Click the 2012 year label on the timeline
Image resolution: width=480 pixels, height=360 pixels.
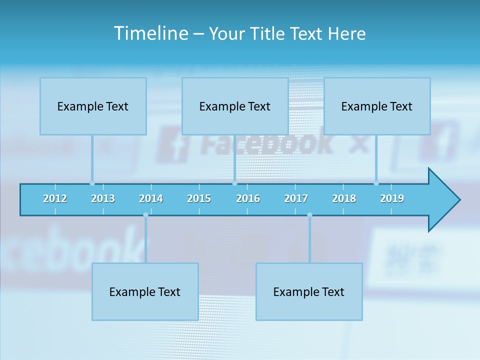pyautogui.click(x=55, y=198)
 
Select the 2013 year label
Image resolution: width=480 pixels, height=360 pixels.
pyautogui.click(x=103, y=198)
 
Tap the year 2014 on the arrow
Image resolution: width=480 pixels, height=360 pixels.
pyautogui.click(x=151, y=198)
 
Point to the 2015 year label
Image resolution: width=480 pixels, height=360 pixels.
pyautogui.click(x=199, y=198)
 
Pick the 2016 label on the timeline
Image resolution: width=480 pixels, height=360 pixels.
pyautogui.click(x=248, y=198)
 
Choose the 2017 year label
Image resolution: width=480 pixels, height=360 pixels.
pyautogui.click(x=296, y=198)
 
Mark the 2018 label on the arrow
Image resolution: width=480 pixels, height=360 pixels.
pyautogui.click(x=344, y=198)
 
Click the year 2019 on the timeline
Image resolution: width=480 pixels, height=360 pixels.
pyautogui.click(x=392, y=198)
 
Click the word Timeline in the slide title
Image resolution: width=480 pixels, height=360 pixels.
pyautogui.click(x=150, y=33)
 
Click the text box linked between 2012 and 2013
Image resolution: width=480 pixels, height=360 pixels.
pyautogui.click(x=93, y=106)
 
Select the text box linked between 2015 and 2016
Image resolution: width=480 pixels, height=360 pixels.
pyautogui.click(x=235, y=106)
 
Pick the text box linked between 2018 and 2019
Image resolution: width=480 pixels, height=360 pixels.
pyautogui.click(x=377, y=106)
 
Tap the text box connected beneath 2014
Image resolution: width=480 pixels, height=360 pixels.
pyautogui.click(x=145, y=291)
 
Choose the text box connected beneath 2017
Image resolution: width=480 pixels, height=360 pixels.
pyautogui.click(x=309, y=291)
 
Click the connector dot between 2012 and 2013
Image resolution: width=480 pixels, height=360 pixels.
pyautogui.click(x=92, y=183)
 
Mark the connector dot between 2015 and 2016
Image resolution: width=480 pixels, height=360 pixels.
pyautogui.click(x=234, y=183)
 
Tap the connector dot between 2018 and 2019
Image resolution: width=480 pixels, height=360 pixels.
pyautogui.click(x=376, y=183)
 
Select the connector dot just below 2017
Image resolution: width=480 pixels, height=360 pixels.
pyautogui.click(x=309, y=215)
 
